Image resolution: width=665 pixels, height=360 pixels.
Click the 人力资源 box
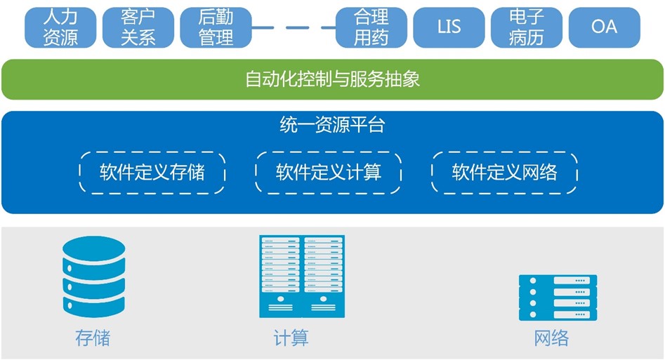click(x=60, y=27)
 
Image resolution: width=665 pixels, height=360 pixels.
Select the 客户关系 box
click(x=138, y=27)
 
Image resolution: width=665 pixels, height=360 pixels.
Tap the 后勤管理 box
click(x=216, y=27)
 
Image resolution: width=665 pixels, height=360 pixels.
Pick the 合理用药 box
click(x=371, y=27)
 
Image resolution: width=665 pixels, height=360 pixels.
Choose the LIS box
click(x=449, y=27)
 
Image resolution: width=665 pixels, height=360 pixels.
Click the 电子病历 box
click(x=526, y=27)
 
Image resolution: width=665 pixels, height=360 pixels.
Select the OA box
click(x=604, y=27)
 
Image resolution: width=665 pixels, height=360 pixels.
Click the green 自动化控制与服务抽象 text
click(x=332, y=79)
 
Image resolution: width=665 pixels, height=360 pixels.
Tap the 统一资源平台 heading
click(x=332, y=126)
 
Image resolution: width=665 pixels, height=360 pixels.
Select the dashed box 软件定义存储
click(x=152, y=172)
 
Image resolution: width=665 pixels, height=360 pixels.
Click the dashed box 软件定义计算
click(x=328, y=172)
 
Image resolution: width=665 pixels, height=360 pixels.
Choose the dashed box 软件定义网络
click(x=504, y=172)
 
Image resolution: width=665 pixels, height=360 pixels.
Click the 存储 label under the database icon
click(x=93, y=338)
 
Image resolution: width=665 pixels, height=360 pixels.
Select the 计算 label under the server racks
click(x=291, y=338)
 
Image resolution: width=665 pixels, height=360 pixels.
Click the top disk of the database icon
click(x=93, y=248)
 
